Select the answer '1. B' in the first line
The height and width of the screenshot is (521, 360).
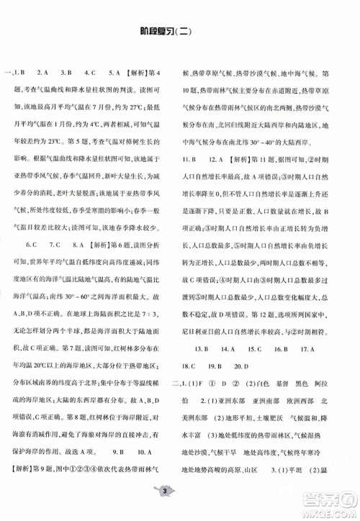pyautogui.click(x=21, y=73)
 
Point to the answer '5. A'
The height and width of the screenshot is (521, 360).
pyautogui.click(x=114, y=73)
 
